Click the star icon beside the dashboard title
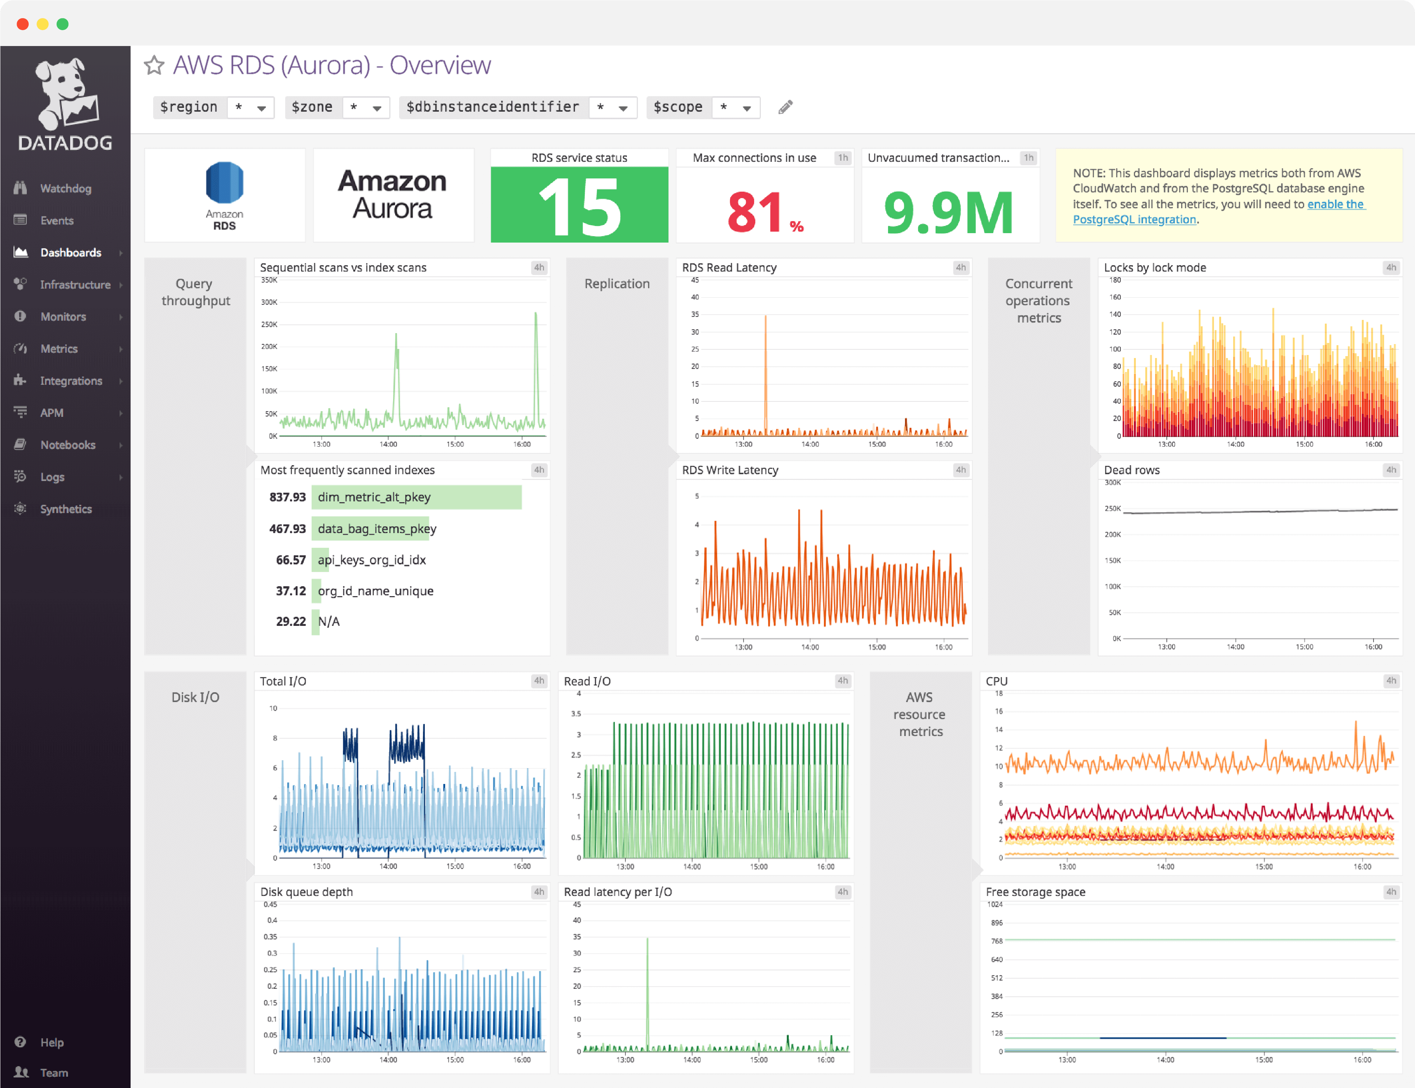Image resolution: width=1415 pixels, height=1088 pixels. pyautogui.click(x=154, y=65)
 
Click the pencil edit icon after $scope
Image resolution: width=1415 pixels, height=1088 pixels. pyautogui.click(x=785, y=107)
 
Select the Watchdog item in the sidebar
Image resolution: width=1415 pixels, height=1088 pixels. pyautogui.click(x=65, y=189)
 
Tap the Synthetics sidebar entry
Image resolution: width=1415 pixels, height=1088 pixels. pyautogui.click(x=65, y=509)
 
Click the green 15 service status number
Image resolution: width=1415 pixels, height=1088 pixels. pyautogui.click(x=579, y=207)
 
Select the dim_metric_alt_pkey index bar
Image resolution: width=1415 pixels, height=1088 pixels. pyautogui.click(x=416, y=497)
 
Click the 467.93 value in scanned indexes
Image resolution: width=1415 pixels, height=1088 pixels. pyautogui.click(x=287, y=529)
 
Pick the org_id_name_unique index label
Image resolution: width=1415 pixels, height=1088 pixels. pyautogui.click(x=376, y=591)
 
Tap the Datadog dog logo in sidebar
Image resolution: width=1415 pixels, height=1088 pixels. pyautogui.click(x=65, y=94)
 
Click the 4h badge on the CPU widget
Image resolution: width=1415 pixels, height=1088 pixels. pyautogui.click(x=1390, y=681)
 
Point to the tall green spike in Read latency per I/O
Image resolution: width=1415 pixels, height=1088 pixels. pyautogui.click(x=647, y=984)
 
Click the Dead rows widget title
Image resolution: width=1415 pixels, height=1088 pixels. pyautogui.click(x=1131, y=470)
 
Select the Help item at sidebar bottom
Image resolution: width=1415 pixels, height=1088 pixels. pyautogui.click(x=52, y=1042)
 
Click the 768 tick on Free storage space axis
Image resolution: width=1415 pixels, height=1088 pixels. pyautogui.click(x=997, y=940)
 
